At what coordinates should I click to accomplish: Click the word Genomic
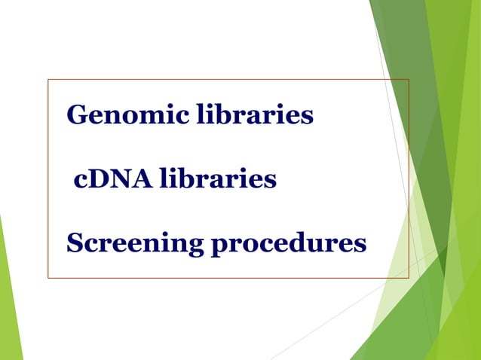pyautogui.click(x=127, y=116)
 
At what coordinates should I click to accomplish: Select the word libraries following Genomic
pyautogui.click(x=255, y=115)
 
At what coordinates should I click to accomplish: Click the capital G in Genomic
pyautogui.click(x=77, y=116)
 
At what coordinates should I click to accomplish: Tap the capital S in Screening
pyautogui.click(x=75, y=244)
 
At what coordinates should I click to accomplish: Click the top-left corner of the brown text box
pyautogui.click(x=48, y=79)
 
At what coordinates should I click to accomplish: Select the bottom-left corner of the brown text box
pyautogui.click(x=48, y=278)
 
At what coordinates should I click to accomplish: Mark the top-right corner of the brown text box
pyautogui.click(x=409, y=79)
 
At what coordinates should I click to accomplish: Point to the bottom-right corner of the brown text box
pyautogui.click(x=409, y=278)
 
